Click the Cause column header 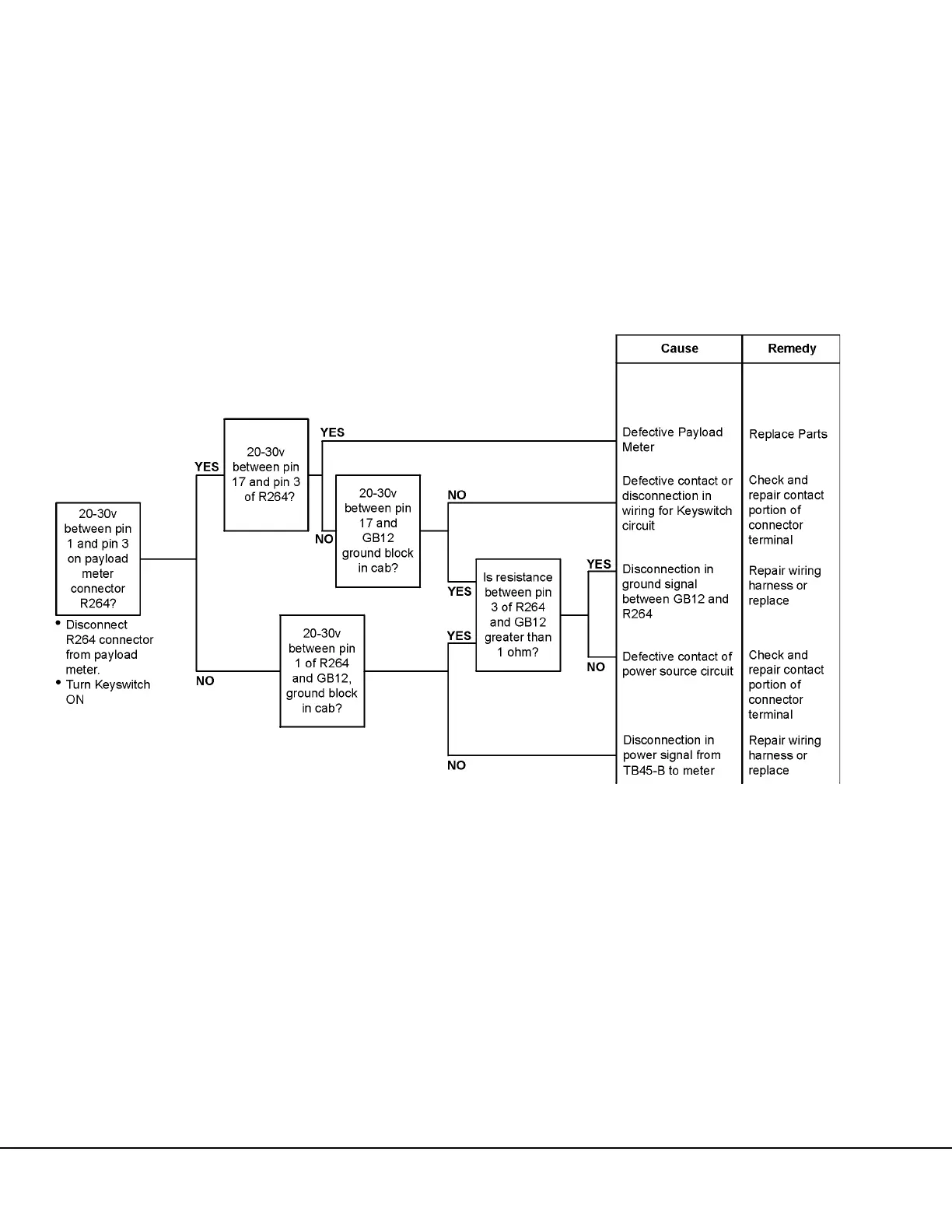[x=679, y=348]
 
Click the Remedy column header [x=791, y=348]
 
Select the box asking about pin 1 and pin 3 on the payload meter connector [x=98, y=558]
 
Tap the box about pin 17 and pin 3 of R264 [x=266, y=474]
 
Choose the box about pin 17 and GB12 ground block [x=378, y=530]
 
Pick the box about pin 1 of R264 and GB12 [x=322, y=670]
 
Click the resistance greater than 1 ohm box [x=518, y=614]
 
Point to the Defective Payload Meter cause [x=673, y=439]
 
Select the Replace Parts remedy [x=788, y=434]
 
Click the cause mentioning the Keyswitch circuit [x=677, y=503]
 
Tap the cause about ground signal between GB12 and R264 [x=675, y=591]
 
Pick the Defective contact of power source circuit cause [x=677, y=663]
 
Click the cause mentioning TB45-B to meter [x=671, y=755]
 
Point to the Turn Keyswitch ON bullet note [x=107, y=692]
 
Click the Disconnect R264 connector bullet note [x=109, y=647]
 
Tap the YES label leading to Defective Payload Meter [x=332, y=432]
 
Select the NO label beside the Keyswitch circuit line [x=457, y=495]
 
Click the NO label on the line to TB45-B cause [x=457, y=765]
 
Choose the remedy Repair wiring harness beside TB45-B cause [x=784, y=755]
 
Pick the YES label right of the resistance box [x=599, y=564]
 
